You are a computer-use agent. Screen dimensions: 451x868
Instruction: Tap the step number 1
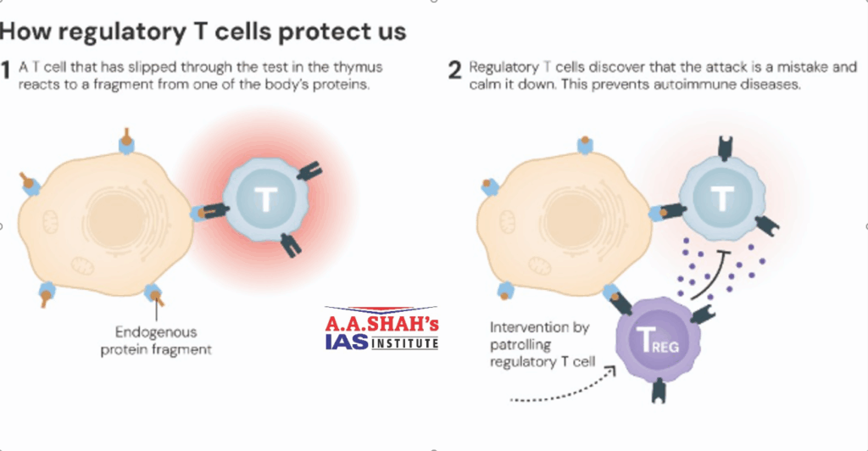point(7,70)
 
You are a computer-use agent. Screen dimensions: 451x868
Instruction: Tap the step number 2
point(454,70)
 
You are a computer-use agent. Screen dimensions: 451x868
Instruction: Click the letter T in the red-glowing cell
point(266,200)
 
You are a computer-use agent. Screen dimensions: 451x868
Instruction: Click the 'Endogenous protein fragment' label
point(157,339)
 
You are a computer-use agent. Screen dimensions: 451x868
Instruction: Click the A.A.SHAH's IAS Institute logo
point(381,329)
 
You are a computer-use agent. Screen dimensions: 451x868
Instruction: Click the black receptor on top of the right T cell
point(724,148)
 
